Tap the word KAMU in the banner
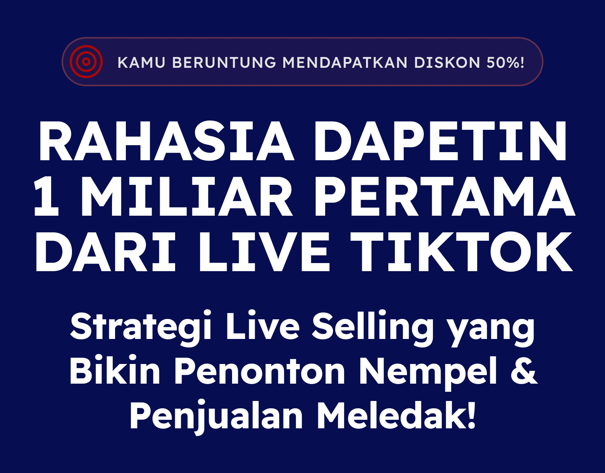tap(141, 62)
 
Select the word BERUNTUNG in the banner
tap(224, 62)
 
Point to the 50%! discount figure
tap(505, 62)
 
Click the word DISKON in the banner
tap(447, 62)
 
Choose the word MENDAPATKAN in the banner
tap(345, 62)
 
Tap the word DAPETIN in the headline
tap(440, 141)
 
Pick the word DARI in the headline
tap(105, 251)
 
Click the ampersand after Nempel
tap(524, 370)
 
